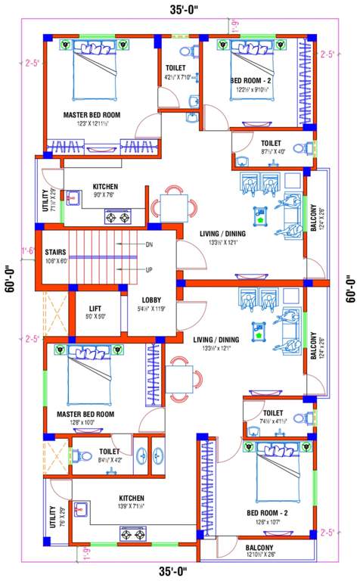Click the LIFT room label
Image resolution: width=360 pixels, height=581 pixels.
pos(95,308)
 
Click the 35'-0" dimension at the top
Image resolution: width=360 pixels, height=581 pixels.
pos(178,10)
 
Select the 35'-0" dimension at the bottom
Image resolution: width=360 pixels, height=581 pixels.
pos(178,570)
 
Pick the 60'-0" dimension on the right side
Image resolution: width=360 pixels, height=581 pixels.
pos(349,287)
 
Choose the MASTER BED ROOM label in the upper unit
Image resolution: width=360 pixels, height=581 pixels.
pos(92,115)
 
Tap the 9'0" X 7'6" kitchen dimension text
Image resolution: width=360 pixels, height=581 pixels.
pos(103,194)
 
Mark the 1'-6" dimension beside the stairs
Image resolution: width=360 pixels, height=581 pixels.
pos(29,249)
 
